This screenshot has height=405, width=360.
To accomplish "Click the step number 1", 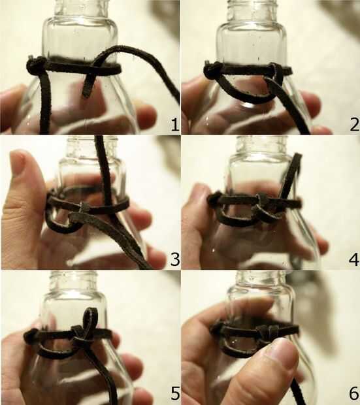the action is (174, 125).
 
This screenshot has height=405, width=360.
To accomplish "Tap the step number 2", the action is (355, 124).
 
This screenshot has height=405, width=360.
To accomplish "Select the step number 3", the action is (175, 259).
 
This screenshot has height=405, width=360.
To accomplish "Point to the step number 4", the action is (354, 259).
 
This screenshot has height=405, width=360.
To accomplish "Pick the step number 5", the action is (175, 393).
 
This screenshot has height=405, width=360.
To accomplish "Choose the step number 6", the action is (354, 393).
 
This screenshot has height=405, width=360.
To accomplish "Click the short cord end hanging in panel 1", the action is (88, 84).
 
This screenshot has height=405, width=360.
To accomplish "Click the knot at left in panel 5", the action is (31, 335).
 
